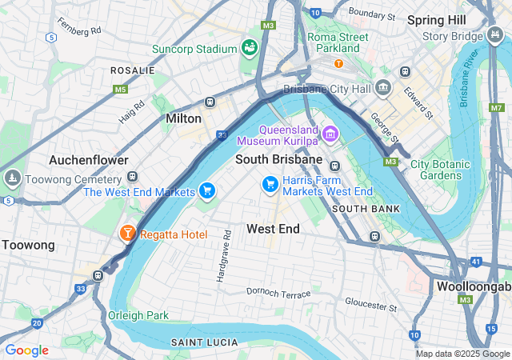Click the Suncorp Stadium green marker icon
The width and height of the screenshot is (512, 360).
coord(250,48)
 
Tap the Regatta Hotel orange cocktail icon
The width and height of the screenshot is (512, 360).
coord(127,234)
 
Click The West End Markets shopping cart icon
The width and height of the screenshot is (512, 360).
coord(207,191)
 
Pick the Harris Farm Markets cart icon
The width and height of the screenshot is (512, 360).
coord(270,185)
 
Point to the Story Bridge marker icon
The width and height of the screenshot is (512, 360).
coord(494,36)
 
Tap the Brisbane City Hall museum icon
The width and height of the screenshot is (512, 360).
coord(383,89)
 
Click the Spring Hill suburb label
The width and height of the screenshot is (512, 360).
coord(436,19)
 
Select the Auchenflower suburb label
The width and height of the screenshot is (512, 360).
coord(88,160)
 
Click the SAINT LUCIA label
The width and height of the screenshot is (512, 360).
coord(204,342)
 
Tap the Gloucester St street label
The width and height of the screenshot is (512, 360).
coord(370,304)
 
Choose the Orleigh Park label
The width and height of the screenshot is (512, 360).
coord(138,315)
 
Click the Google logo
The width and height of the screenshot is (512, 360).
coord(26,350)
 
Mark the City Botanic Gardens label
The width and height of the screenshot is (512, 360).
coord(441,170)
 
